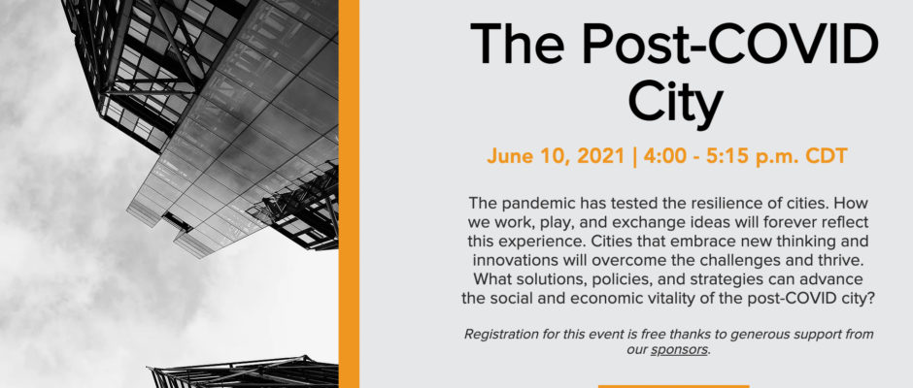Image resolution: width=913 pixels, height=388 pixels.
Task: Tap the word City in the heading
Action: click(675, 103)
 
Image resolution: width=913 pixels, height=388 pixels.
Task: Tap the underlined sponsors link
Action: click(678, 350)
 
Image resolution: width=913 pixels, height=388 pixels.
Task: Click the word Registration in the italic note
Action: click(498, 335)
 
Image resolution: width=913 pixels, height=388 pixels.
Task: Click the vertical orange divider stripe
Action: click(349, 194)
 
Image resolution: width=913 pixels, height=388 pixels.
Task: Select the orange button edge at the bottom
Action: click(673, 386)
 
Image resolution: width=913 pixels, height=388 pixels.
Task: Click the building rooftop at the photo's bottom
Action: click(243, 372)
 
